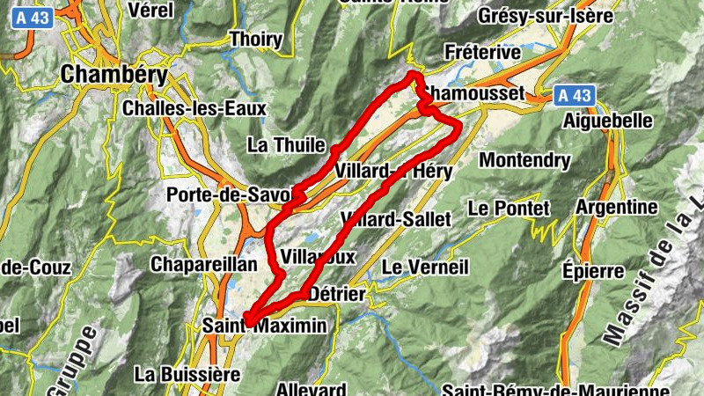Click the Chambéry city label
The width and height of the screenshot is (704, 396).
[114, 75]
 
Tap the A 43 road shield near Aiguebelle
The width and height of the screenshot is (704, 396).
[576, 94]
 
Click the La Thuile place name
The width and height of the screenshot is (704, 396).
[287, 144]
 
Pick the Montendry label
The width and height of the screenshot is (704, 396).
[524, 160]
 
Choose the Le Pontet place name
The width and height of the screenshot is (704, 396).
[509, 209]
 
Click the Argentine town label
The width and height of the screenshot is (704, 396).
[617, 208]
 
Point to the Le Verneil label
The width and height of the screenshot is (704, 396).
[426, 266]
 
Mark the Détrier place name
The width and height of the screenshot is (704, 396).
[338, 294]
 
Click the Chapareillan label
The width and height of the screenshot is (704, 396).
[203, 264]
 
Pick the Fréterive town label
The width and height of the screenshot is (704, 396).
[483, 53]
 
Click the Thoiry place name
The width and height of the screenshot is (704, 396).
[255, 39]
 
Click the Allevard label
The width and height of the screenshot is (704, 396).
[312, 388]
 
